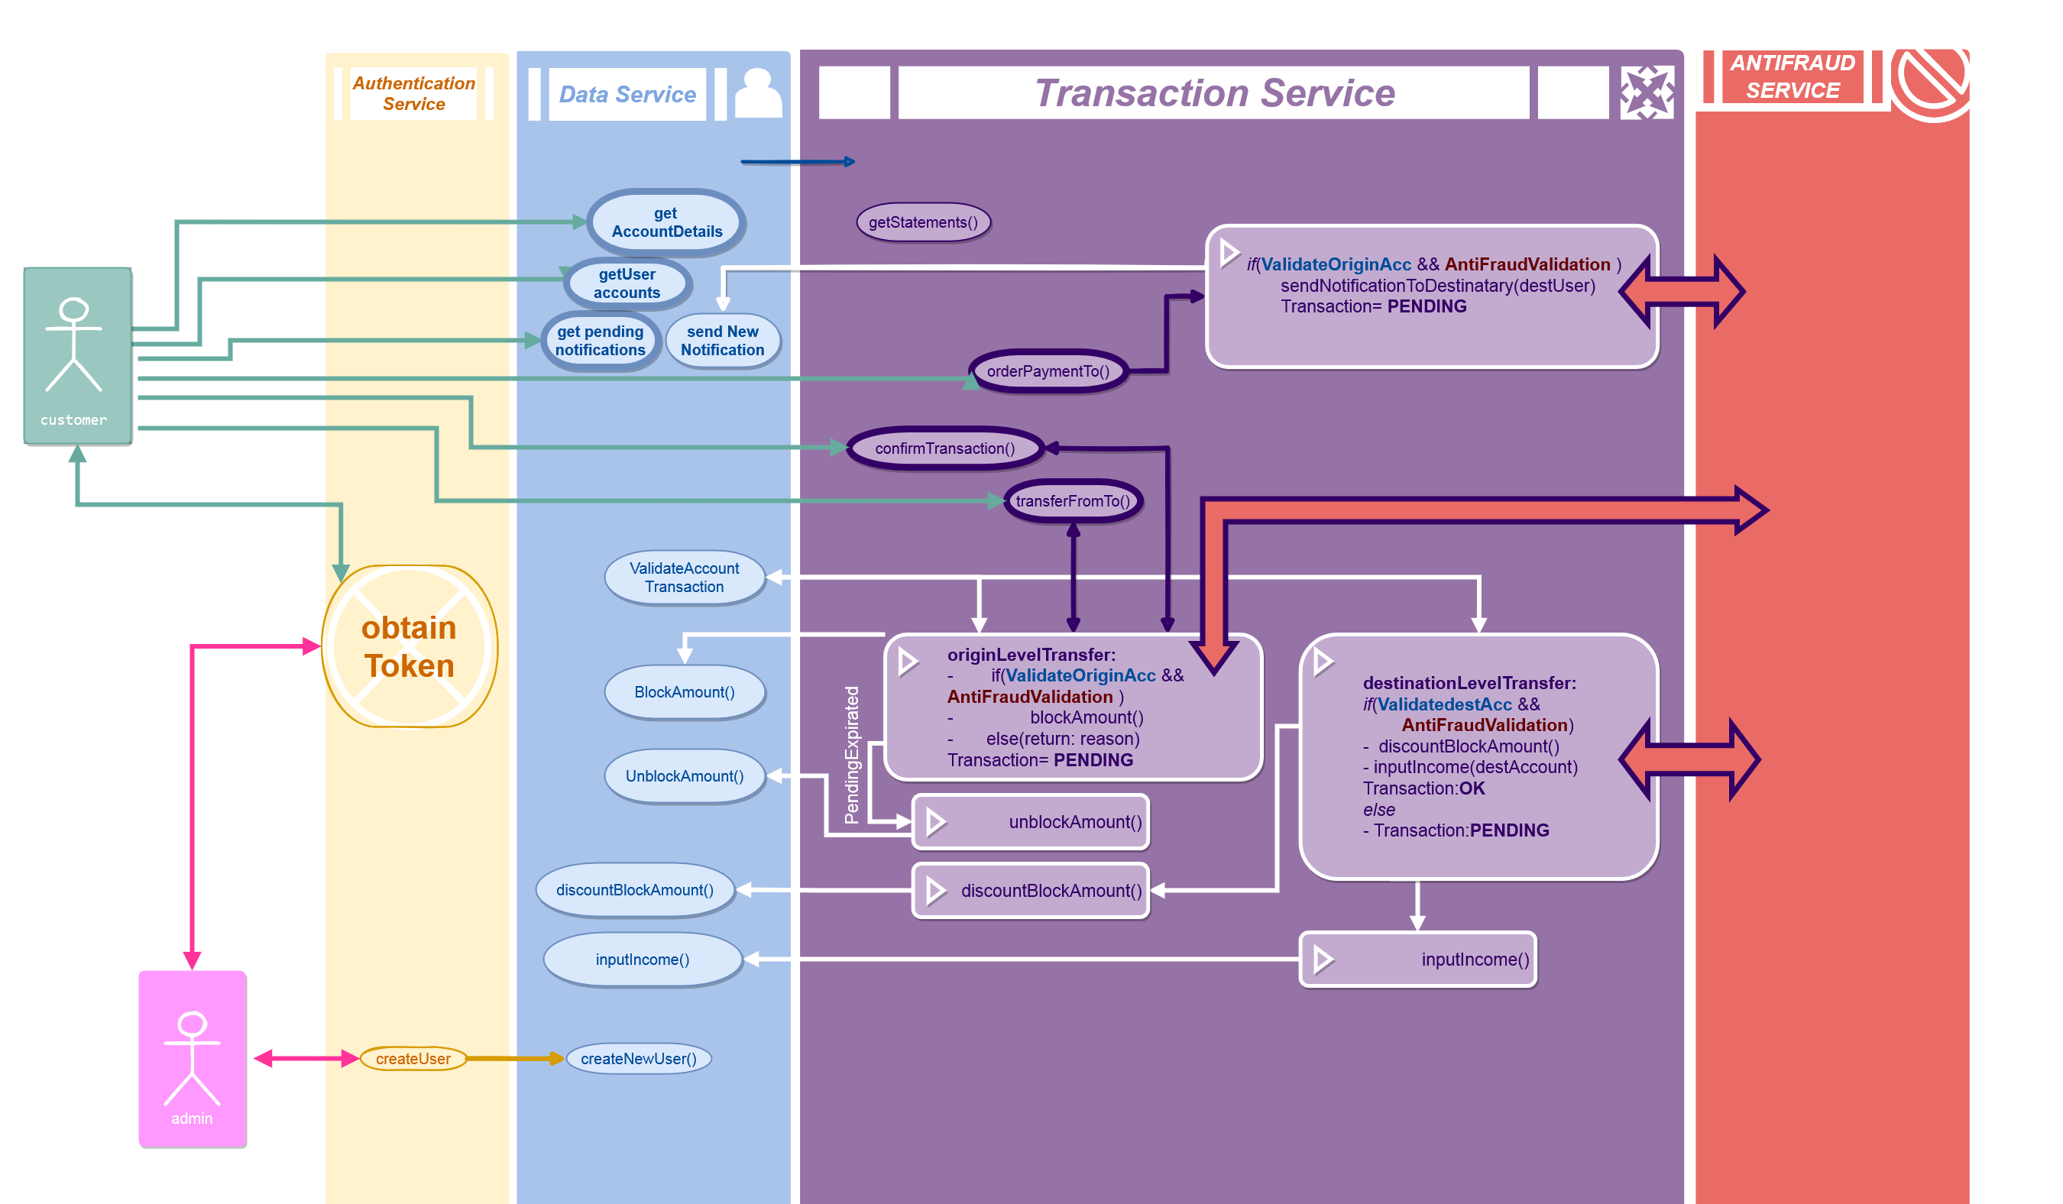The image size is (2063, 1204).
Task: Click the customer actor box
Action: tap(77, 356)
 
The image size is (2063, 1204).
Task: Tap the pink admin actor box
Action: tap(193, 1058)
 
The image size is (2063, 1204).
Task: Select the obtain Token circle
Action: tap(410, 646)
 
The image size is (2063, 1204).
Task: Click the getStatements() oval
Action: tap(923, 222)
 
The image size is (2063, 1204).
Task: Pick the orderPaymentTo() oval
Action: tap(1048, 371)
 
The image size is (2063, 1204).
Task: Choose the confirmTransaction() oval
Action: tap(944, 448)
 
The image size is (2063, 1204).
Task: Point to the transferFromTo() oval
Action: tap(1073, 501)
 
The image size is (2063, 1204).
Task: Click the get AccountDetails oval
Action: tap(666, 222)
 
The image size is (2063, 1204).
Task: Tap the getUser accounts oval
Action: tap(627, 283)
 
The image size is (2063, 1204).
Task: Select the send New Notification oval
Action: tap(722, 341)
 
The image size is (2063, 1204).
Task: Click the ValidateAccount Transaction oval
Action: tap(685, 578)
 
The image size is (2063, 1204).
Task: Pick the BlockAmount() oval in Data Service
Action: tap(685, 692)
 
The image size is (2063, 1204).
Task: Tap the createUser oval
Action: tap(413, 1058)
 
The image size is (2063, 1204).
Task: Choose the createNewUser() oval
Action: tap(639, 1058)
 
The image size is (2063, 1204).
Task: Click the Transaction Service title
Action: tap(1214, 92)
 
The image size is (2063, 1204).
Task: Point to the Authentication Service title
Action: tap(413, 93)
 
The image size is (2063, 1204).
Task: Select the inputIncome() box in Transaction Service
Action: tap(1418, 960)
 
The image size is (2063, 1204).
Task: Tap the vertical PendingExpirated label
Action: tap(852, 755)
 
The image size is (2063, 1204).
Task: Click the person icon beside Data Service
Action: tap(758, 93)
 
